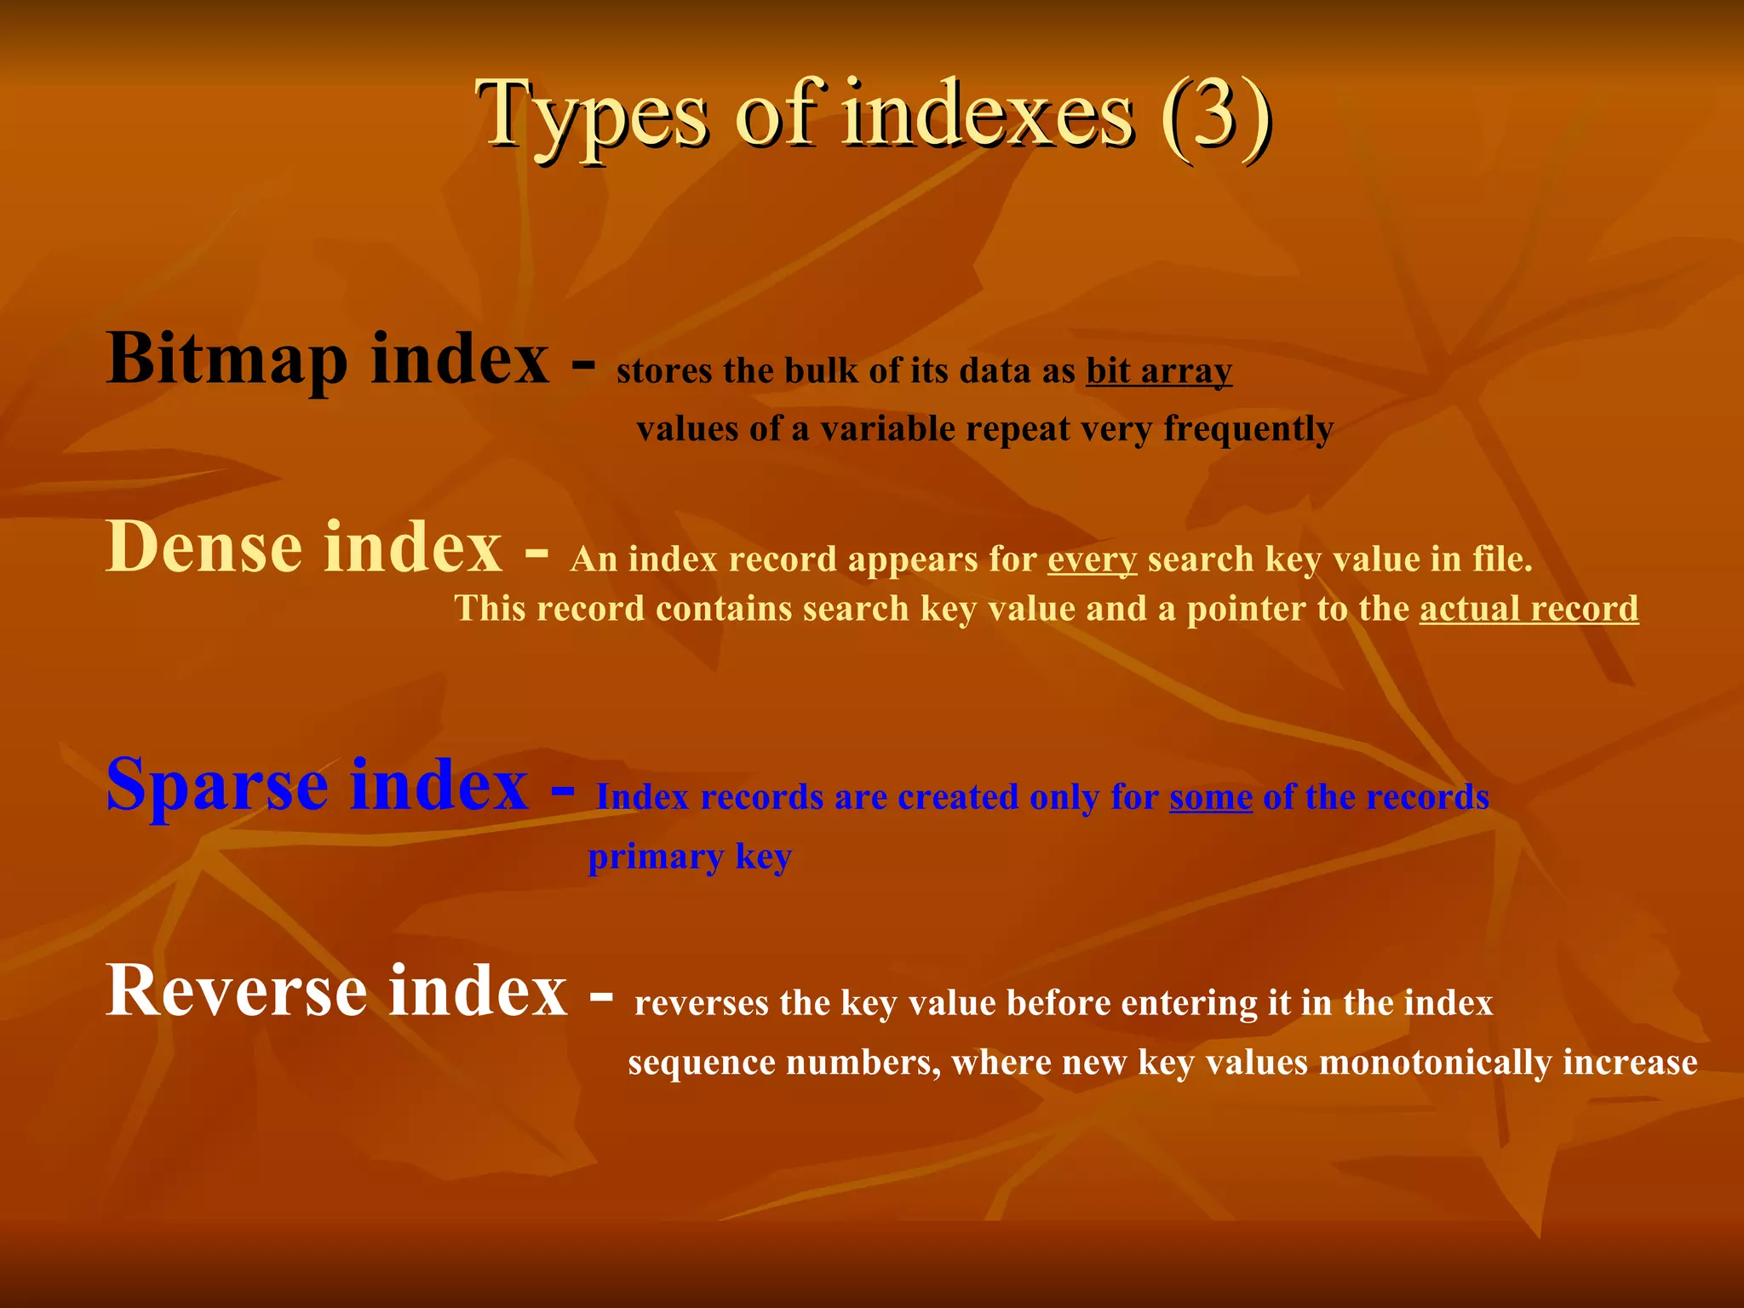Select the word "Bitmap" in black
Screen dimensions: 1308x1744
click(x=227, y=359)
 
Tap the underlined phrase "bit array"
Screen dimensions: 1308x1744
click(x=1159, y=371)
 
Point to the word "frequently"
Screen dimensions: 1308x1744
click(x=1248, y=428)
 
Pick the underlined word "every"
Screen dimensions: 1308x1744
click(x=1092, y=559)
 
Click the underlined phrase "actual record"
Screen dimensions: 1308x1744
click(x=1529, y=609)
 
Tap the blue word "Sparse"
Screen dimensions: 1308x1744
click(x=217, y=785)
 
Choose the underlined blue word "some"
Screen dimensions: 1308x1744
click(x=1210, y=797)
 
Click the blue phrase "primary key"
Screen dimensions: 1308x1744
click(x=690, y=857)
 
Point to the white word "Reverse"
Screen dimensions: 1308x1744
click(x=236, y=991)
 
